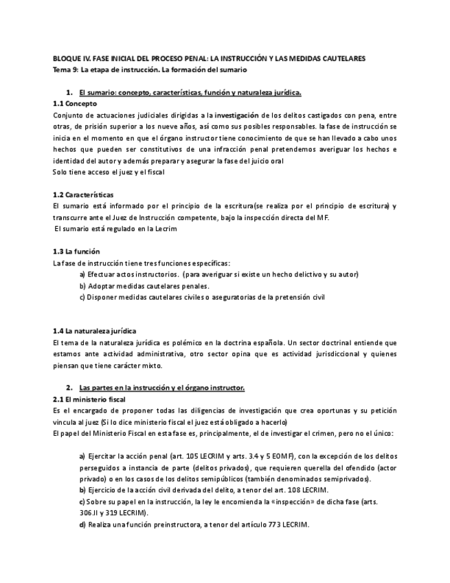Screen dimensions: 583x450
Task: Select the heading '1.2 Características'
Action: coord(83,195)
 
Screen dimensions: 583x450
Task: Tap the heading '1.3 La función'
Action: coord(76,252)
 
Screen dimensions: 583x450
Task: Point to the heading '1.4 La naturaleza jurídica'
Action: coord(95,331)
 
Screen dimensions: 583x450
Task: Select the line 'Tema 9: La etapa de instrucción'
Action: coord(149,70)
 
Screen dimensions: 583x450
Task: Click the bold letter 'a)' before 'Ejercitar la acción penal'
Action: coord(82,456)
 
